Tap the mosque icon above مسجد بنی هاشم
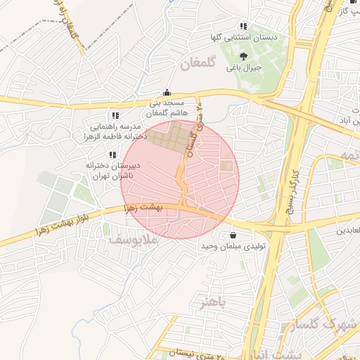click(167, 92)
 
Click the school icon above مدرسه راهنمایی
click(115, 115)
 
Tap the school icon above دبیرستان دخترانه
click(113, 154)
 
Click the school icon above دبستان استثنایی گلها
click(243, 25)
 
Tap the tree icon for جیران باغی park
click(243, 57)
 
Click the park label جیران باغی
click(243, 68)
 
